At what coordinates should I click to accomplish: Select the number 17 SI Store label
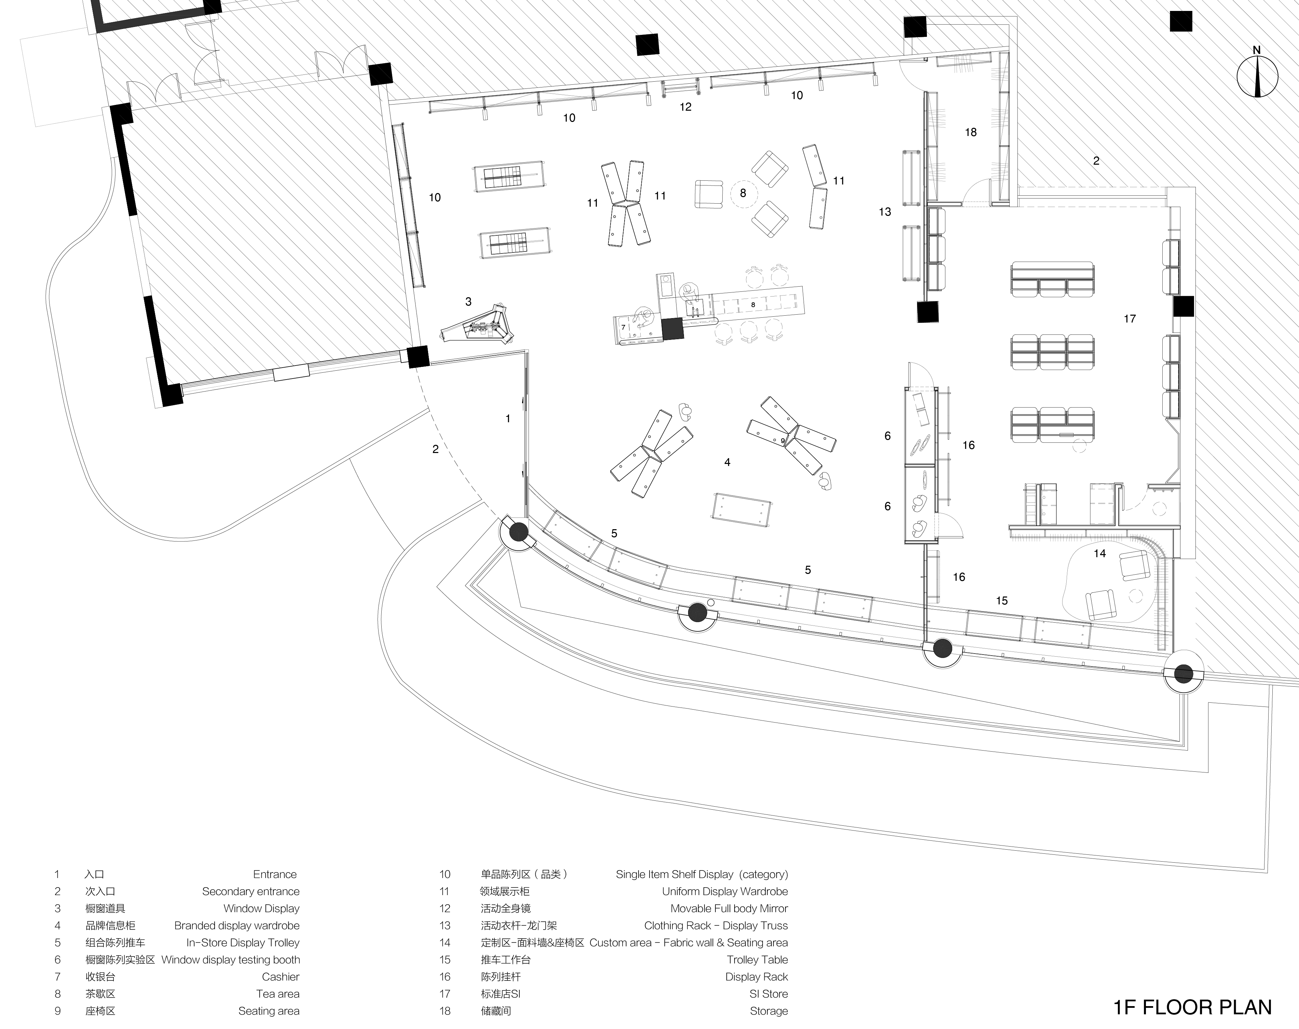(1130, 319)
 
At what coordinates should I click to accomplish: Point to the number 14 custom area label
(1099, 553)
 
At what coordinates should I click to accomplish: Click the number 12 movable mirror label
(686, 107)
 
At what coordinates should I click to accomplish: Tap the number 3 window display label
(468, 302)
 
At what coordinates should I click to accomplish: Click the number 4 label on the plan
(727, 462)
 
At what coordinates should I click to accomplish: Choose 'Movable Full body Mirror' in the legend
(729, 908)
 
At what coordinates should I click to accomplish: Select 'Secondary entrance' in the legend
(251, 891)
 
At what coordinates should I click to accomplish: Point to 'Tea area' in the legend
(278, 993)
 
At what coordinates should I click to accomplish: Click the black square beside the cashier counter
(672, 330)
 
